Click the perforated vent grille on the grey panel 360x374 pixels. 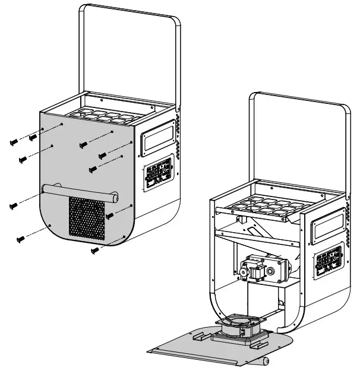(87, 218)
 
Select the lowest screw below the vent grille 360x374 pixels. (93, 251)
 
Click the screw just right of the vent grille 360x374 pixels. (109, 215)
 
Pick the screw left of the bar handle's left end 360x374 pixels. (14, 206)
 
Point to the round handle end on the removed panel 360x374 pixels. (264, 360)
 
